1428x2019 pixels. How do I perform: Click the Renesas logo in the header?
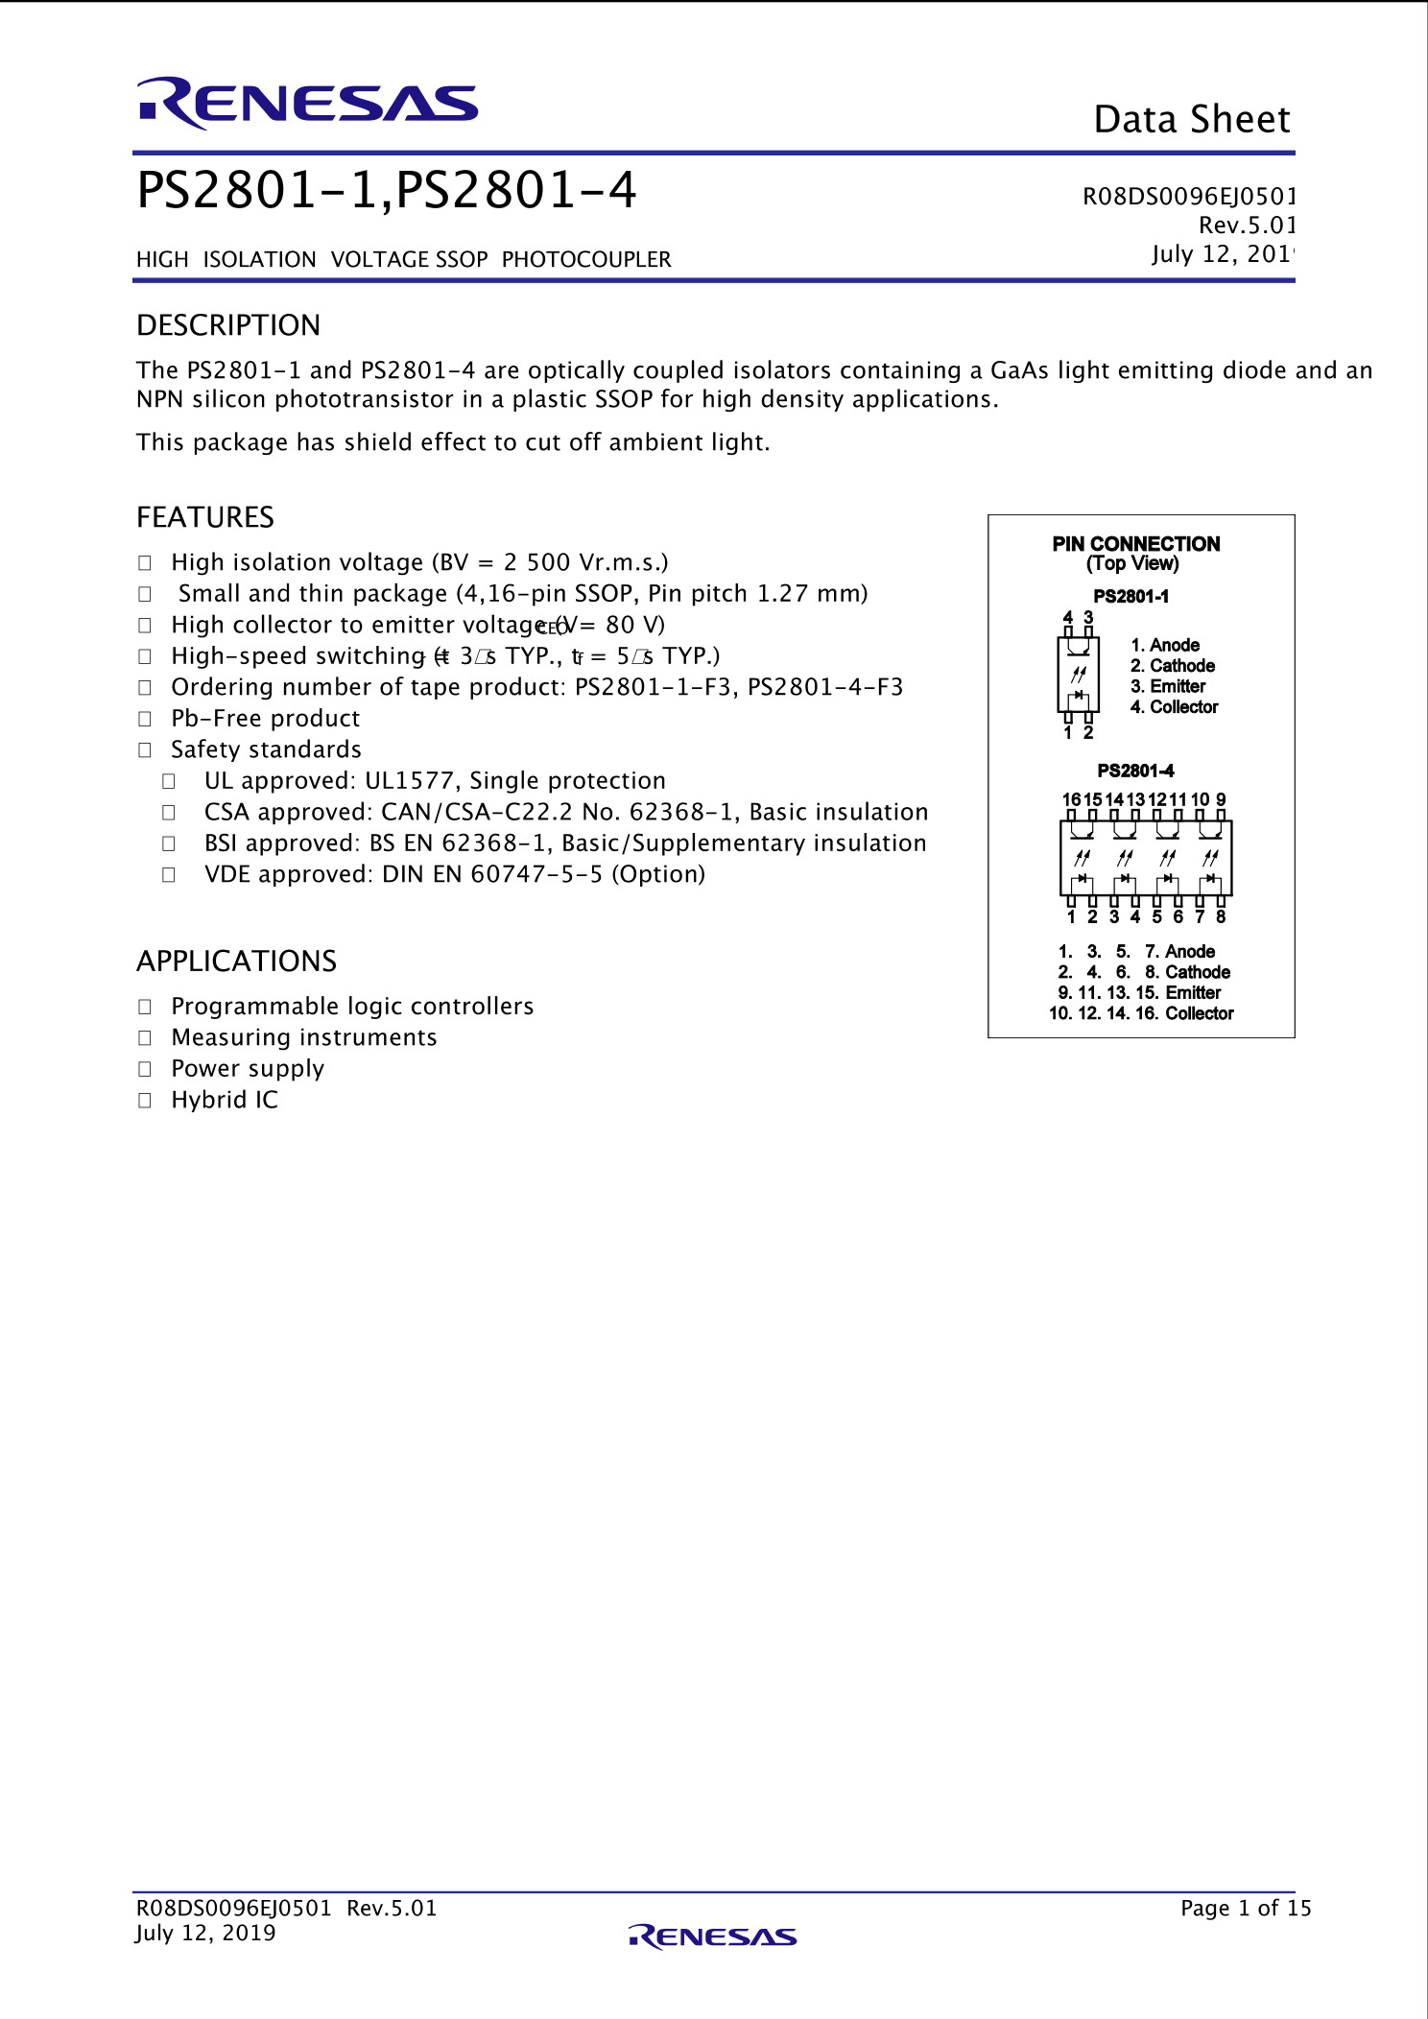click(307, 102)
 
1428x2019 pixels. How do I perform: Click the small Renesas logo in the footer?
click(712, 1936)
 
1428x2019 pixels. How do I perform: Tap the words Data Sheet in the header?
click(1192, 120)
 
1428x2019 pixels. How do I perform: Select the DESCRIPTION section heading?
click(228, 325)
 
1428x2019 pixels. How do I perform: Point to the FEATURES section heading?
click(205, 517)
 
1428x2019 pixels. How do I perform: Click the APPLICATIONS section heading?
click(236, 961)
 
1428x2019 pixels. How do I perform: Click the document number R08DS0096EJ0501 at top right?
click(1188, 197)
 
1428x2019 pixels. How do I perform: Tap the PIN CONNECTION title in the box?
click(1136, 544)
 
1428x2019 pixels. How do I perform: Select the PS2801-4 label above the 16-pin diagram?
click(1135, 771)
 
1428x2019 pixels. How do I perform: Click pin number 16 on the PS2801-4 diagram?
click(1071, 799)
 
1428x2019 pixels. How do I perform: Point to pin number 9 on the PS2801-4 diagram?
click(1221, 799)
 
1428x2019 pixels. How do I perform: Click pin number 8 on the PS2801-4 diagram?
click(1221, 916)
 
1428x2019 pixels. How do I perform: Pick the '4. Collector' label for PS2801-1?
click(1175, 707)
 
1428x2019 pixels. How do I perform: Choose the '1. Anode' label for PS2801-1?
click(1166, 645)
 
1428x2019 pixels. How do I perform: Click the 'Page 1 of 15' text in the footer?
click(1245, 1908)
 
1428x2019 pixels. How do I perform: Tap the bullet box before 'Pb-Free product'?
click(145, 719)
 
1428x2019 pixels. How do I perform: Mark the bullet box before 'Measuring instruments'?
click(145, 1038)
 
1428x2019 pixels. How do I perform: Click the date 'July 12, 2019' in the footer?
click(205, 1933)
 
